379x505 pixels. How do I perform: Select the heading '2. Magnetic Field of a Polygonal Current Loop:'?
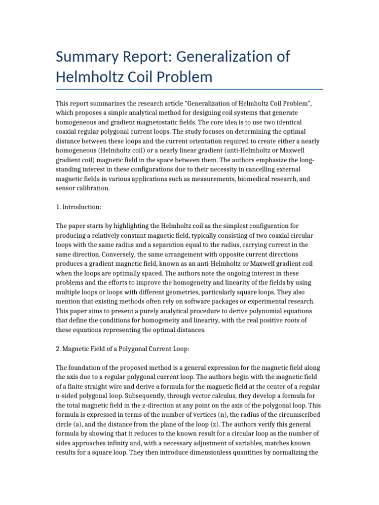pyautogui.click(x=122, y=349)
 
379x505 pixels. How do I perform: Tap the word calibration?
pyautogui.click(x=92, y=188)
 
